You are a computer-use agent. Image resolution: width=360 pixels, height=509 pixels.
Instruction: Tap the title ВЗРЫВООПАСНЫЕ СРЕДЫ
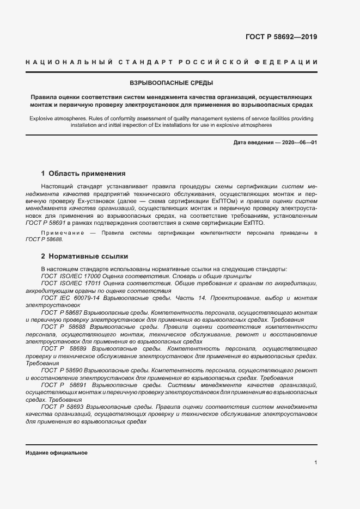172,83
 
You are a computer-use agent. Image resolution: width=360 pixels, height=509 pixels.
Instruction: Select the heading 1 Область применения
83,174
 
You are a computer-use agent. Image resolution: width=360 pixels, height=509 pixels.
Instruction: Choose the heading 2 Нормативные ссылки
84,256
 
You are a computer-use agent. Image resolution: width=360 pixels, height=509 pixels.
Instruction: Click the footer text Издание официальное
57,453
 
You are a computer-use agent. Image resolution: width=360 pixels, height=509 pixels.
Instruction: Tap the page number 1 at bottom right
315,462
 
